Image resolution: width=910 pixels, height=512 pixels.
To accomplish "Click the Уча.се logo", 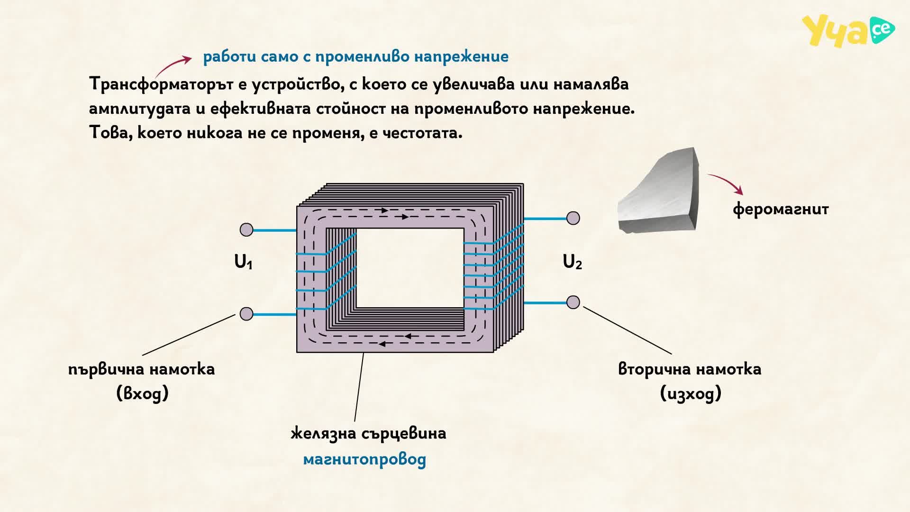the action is [x=848, y=31].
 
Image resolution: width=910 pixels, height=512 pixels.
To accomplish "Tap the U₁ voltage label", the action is [x=244, y=262].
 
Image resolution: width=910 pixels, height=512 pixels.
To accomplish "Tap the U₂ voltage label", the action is [x=572, y=262].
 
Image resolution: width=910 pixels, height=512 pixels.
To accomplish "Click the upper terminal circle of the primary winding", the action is [x=246, y=230].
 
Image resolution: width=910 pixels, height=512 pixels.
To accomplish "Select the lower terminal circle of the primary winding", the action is [x=246, y=314].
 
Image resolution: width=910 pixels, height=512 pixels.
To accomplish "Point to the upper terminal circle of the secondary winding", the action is [x=573, y=218].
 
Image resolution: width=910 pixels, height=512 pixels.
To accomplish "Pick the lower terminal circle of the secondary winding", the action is [x=573, y=302].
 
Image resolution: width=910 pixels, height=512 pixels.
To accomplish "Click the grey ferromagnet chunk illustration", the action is [x=658, y=191].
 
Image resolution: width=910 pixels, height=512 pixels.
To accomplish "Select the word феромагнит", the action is [x=781, y=209].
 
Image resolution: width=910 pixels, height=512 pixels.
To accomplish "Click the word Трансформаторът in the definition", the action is [x=162, y=84].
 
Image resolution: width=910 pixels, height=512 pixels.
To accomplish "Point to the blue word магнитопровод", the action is [x=364, y=459].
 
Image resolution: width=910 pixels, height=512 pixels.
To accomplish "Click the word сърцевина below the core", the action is [x=404, y=434].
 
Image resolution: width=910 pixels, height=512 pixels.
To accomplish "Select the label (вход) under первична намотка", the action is [x=143, y=393].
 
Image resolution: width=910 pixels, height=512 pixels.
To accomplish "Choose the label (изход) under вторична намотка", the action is [x=691, y=393].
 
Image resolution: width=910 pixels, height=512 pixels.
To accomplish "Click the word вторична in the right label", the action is [x=654, y=369].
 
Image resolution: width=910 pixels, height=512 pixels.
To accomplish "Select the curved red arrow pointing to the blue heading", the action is [x=173, y=65].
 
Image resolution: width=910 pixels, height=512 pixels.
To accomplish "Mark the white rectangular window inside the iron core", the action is [x=410, y=268].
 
